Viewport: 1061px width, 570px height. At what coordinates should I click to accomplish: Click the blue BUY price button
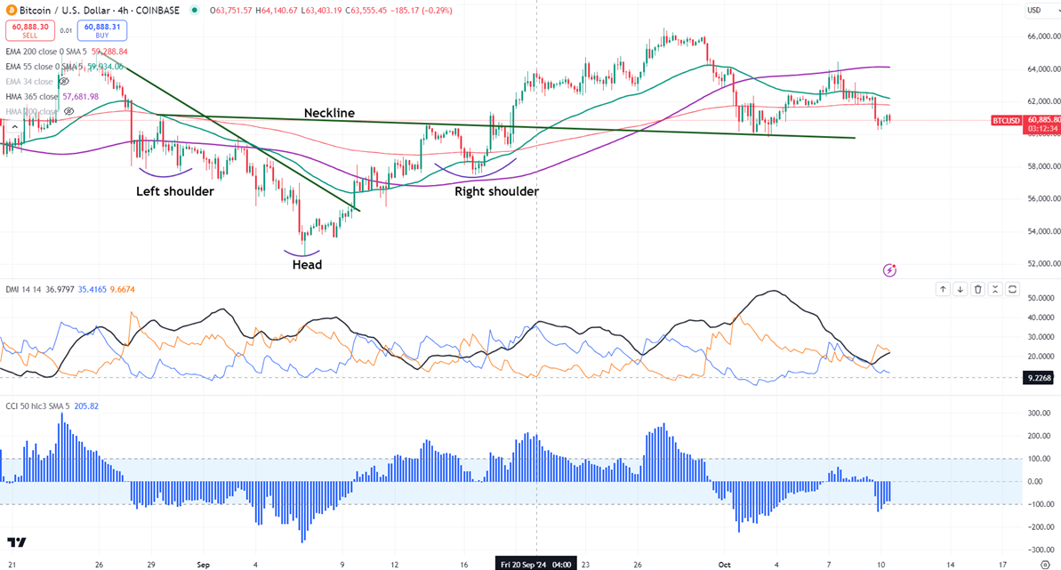coord(102,30)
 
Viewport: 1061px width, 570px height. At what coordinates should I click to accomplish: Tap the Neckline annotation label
coord(329,113)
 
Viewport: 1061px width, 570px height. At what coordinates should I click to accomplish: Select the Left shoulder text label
coord(174,191)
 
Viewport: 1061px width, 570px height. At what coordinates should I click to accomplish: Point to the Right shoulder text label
coord(496,191)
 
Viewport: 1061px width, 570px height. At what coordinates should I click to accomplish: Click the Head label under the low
coord(307,264)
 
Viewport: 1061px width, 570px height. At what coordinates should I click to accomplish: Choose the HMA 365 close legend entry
coord(32,96)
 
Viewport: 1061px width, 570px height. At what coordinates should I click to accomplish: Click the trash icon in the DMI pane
coord(977,289)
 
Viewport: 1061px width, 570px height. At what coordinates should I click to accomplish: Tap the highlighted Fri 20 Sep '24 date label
coord(536,564)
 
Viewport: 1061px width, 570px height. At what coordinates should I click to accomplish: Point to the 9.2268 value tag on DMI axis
coord(1038,377)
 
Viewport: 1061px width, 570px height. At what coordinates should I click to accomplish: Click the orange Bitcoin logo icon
coord(10,11)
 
